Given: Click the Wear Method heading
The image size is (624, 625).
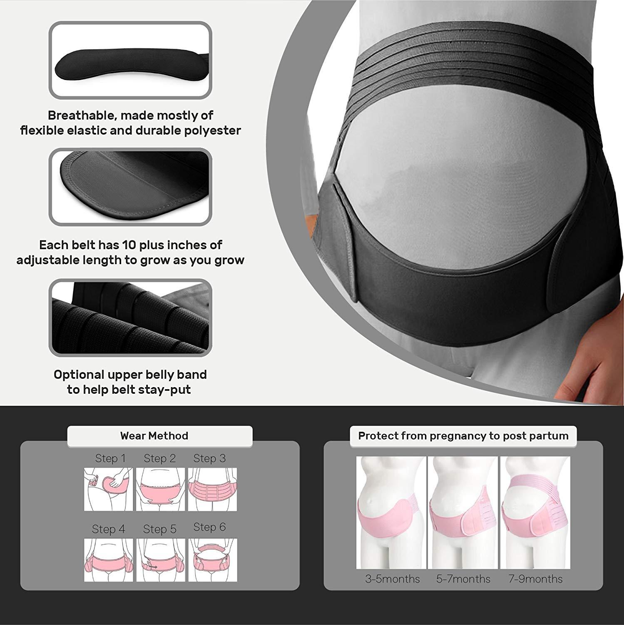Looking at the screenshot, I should (154, 436).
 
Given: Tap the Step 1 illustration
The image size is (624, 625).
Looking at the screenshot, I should (108, 489).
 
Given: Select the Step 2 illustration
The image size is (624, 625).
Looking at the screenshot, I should (160, 489).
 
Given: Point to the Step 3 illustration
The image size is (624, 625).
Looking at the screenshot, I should (212, 489).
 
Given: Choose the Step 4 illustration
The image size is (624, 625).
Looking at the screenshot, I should (108, 560).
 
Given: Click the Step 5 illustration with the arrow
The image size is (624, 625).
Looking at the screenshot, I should (160, 560).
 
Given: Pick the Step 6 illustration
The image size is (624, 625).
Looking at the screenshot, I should (212, 560).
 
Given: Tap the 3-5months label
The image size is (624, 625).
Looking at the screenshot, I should (392, 579).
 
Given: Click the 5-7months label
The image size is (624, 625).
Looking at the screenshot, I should (463, 579).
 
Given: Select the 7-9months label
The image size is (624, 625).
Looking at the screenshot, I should (535, 579).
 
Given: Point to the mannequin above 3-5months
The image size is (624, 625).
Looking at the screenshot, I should (391, 512).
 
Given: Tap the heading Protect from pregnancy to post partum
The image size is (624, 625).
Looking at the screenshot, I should (463, 436).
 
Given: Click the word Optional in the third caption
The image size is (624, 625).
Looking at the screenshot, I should (79, 375).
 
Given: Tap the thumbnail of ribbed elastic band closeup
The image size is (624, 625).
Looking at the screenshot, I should (130, 317).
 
